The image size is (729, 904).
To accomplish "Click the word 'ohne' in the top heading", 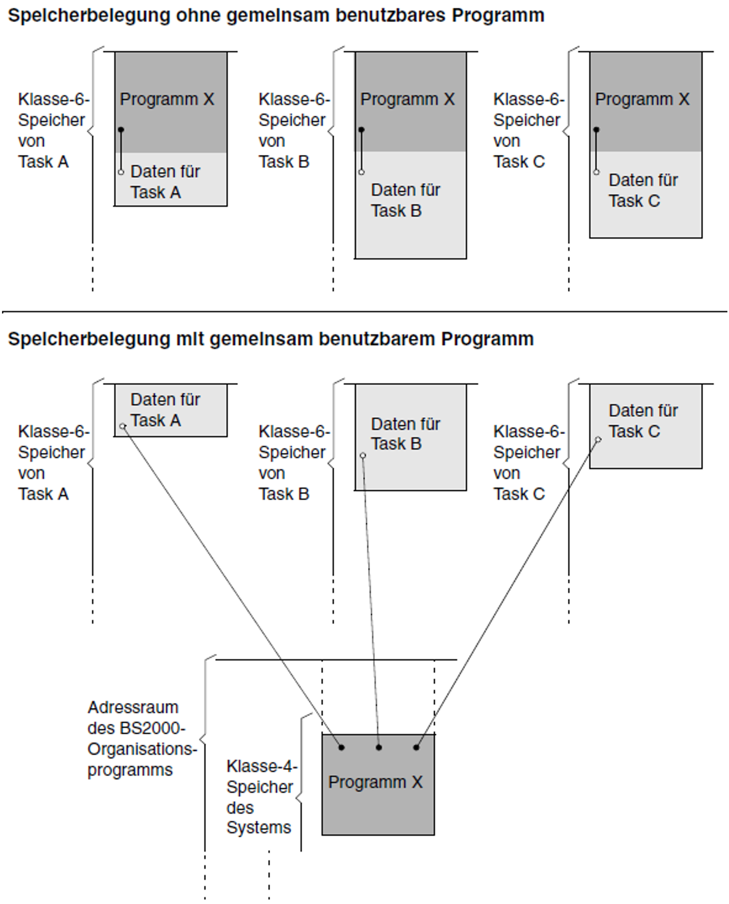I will (x=199, y=16).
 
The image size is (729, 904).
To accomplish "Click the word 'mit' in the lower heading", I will (x=191, y=339).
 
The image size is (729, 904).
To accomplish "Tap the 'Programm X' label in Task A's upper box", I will (x=167, y=100).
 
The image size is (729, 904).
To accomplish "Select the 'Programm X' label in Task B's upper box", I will (x=407, y=100).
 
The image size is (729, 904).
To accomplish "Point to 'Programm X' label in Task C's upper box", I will (x=642, y=100).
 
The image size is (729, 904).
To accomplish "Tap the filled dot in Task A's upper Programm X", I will (x=121, y=130).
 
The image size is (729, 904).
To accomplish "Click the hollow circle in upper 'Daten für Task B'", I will (x=361, y=172).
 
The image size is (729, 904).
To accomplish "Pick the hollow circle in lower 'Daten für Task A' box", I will (x=123, y=427).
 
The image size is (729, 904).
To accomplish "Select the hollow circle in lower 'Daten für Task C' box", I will (x=598, y=439).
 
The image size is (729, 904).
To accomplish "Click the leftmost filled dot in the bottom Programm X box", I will (x=341, y=748).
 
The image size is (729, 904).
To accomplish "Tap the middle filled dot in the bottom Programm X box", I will (x=378, y=748).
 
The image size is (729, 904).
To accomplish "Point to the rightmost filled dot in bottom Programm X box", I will (x=416, y=748).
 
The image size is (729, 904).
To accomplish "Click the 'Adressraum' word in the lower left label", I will (x=133, y=708).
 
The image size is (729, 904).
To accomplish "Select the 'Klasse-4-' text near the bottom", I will (x=262, y=767).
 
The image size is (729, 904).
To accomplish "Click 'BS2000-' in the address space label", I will (x=152, y=729).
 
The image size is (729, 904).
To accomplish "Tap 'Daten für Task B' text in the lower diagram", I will (x=405, y=434).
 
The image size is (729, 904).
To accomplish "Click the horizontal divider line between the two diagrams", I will (x=365, y=312).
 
